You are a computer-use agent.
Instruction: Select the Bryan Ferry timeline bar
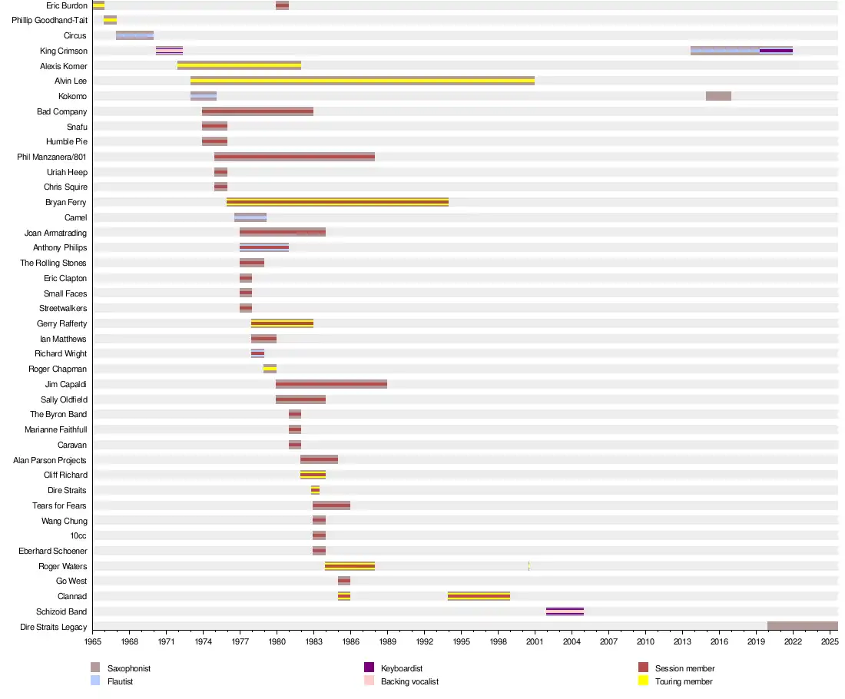337,202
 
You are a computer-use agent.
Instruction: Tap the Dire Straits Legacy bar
802,627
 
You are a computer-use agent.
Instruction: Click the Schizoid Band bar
565,611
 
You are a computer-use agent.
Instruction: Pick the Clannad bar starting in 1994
479,596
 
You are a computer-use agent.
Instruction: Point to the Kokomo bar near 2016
718,96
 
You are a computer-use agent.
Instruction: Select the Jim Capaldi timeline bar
331,384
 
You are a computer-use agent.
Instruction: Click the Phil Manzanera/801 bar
294,157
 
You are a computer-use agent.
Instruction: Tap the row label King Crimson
64,51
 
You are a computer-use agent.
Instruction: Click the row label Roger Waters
63,567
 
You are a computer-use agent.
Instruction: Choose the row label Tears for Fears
59,506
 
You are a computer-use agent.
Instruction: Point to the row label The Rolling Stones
54,263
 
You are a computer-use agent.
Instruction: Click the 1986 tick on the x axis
350,641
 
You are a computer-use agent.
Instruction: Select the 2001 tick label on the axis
535,641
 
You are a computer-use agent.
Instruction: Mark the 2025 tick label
830,641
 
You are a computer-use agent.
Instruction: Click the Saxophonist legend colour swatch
95,668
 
